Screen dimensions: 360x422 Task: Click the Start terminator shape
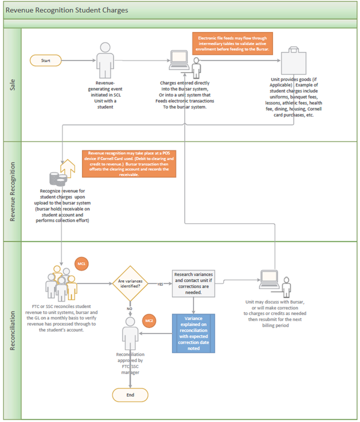coord(45,61)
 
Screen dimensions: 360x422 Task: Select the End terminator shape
coord(130,395)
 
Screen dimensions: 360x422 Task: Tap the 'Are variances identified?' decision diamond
coord(130,284)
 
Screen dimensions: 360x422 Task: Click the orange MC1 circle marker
coord(82,264)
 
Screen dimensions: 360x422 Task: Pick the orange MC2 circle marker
coord(149,321)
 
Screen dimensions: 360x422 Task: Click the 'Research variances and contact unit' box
coord(194,284)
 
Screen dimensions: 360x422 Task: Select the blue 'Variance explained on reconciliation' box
coord(194,333)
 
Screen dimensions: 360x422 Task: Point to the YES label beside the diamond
coord(160,284)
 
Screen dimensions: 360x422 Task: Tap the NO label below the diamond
coord(129,309)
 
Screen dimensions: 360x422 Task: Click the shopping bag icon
coord(294,61)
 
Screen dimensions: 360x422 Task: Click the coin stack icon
coord(58,179)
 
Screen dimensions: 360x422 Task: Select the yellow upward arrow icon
coord(68,169)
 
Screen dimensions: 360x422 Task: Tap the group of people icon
coord(61,283)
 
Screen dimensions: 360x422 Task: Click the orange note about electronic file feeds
coord(232,44)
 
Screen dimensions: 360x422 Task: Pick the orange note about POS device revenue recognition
coord(129,164)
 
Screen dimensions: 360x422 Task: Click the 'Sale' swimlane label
coord(12,85)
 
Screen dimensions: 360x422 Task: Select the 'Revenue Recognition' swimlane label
coord(12,192)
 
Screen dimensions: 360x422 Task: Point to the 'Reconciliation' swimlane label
coord(12,331)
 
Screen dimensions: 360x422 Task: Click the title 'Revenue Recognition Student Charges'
coord(67,10)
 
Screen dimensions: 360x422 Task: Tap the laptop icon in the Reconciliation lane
coord(269,280)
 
